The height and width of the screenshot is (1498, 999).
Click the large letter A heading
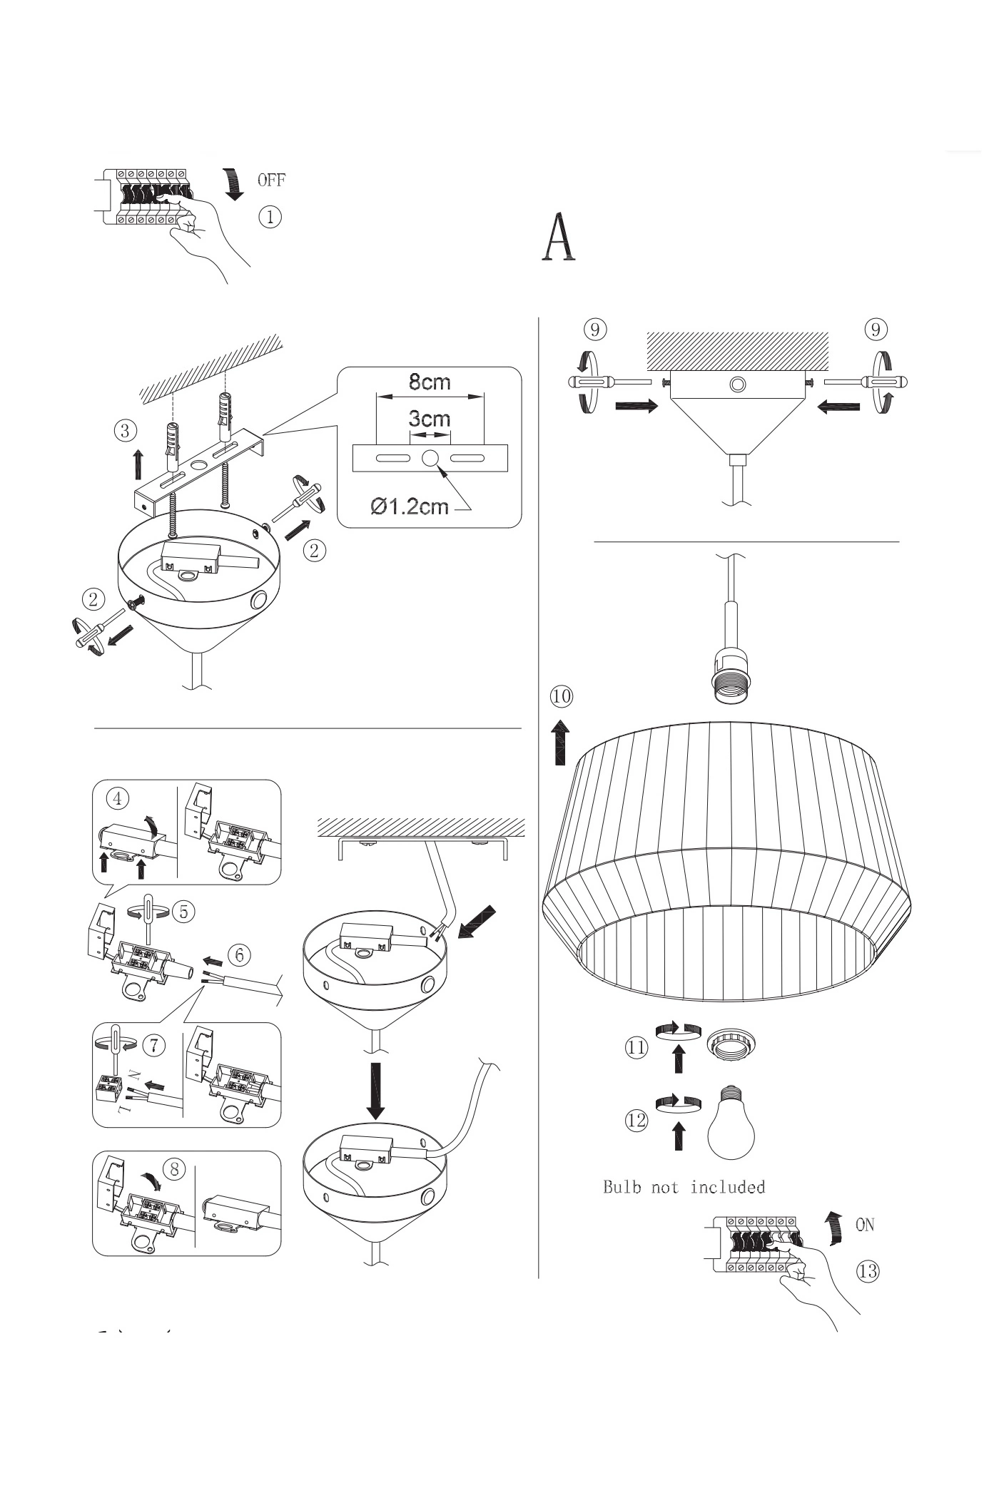click(x=559, y=238)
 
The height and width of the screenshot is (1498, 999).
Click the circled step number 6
click(x=240, y=954)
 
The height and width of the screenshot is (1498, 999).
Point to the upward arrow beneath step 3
click(x=138, y=464)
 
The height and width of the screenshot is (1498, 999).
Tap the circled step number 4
click(x=118, y=798)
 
